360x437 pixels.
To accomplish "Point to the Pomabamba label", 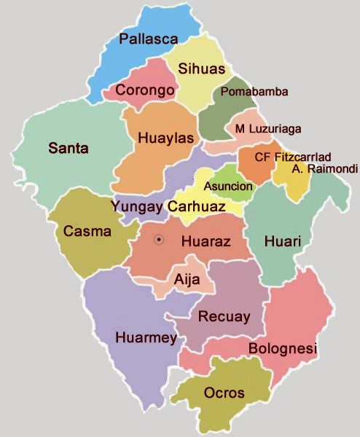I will tap(254, 92).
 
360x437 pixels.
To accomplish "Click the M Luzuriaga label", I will tap(268, 129).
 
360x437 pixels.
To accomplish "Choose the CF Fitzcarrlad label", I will tap(293, 157).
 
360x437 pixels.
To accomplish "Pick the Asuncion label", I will tap(229, 186).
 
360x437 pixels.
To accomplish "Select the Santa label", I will tap(69, 149).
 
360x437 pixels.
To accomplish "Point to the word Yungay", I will tap(137, 206).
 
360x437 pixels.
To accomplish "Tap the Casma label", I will tap(87, 232).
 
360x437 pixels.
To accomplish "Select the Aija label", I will tap(187, 277).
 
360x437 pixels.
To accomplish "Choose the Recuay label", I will tap(224, 317).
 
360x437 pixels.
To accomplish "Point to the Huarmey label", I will tap(146, 337).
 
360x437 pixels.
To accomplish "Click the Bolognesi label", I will tap(283, 350).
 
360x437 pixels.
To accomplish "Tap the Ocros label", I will tap(224, 393).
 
